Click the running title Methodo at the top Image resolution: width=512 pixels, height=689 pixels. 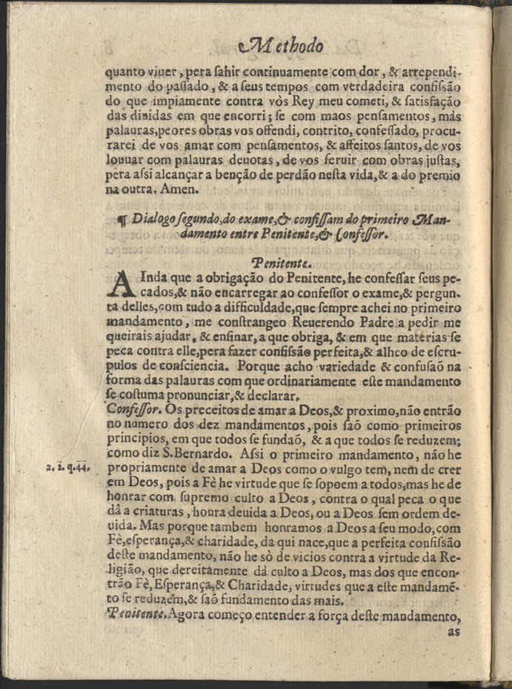click(x=282, y=46)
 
